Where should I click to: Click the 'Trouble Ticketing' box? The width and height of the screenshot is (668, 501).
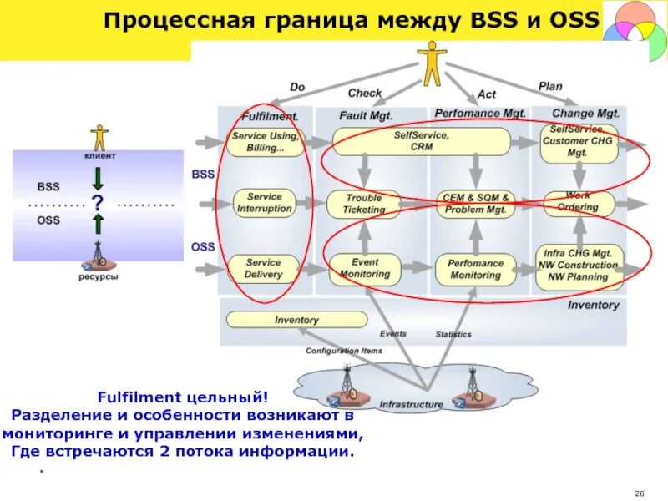pos(364,204)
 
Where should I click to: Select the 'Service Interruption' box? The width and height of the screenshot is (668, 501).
pos(264,202)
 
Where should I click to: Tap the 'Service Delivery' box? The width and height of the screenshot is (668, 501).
pos(264,268)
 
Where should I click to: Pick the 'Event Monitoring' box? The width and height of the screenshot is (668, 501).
pos(365,267)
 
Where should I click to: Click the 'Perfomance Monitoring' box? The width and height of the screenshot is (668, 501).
pos(476,268)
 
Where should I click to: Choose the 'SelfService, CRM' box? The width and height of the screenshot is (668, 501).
pos(421,141)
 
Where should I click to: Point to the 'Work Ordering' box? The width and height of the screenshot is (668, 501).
pos(579,203)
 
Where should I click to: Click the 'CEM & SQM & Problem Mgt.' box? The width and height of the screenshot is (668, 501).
pos(476,204)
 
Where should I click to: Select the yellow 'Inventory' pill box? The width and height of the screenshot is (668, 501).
pos(296,320)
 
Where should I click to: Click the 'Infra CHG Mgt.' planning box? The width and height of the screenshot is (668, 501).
pos(579,266)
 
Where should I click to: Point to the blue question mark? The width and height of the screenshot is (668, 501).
pos(98,202)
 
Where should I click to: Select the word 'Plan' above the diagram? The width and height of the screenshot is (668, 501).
pos(550,86)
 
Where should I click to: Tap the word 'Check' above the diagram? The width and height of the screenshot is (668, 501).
pos(365,93)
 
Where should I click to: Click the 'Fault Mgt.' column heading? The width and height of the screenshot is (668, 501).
pos(366,114)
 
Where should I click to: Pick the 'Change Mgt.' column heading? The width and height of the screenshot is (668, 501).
pos(584,113)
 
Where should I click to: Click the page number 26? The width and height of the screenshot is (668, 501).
pos(640,490)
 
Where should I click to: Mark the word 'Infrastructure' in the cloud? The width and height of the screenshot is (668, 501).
pos(411,405)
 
